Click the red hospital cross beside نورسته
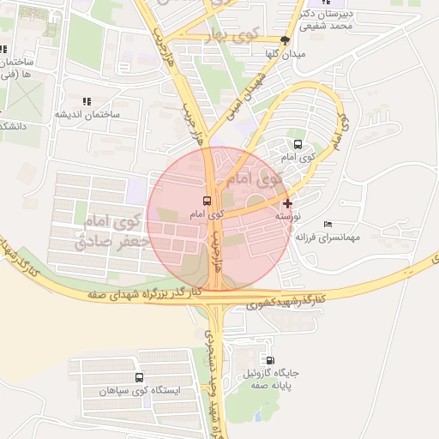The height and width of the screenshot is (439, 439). (x=286, y=203)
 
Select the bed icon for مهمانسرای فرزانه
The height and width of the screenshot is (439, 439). (x=327, y=224)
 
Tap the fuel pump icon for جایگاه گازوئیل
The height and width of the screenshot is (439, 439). (x=271, y=361)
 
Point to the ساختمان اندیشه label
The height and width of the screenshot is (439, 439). (x=88, y=113)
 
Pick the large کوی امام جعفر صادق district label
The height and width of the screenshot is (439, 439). (x=112, y=232)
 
